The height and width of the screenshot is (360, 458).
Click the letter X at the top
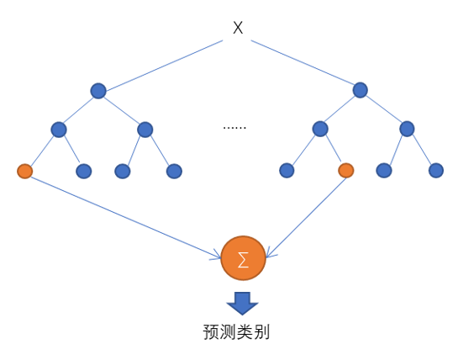(238, 28)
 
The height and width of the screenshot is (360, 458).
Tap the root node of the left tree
(98, 91)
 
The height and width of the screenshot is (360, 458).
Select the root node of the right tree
(361, 90)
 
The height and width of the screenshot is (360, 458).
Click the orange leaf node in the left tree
(25, 171)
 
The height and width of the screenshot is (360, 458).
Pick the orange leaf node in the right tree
(346, 171)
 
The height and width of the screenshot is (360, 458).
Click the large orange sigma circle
(244, 258)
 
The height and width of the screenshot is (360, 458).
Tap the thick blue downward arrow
(242, 304)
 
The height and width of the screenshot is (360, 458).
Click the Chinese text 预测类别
(236, 332)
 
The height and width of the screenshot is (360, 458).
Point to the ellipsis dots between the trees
(234, 128)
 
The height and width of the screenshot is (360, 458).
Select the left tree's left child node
(59, 130)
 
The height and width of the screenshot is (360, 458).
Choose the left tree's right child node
(145, 130)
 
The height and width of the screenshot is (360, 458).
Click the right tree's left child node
(320, 129)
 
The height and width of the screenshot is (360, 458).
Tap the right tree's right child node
(407, 129)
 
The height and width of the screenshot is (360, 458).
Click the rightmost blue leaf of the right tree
(436, 171)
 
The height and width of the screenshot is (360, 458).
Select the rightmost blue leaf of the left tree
(175, 171)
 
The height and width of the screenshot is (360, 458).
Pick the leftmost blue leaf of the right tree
(287, 171)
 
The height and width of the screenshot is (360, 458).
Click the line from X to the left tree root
(164, 66)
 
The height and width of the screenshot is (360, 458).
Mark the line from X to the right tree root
(303, 62)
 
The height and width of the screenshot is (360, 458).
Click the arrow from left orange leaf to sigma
(126, 218)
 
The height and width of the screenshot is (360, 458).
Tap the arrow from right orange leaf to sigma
(307, 218)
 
